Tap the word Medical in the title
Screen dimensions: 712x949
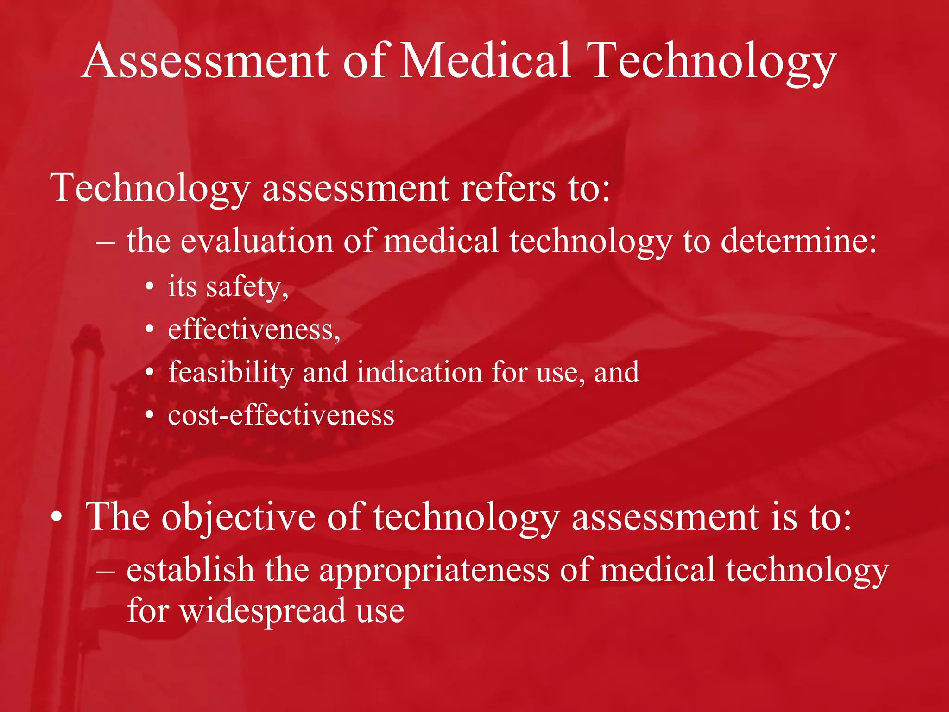[x=484, y=61]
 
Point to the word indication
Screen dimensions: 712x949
[x=419, y=373]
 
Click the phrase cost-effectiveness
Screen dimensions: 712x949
[x=281, y=415]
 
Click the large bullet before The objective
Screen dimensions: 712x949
[x=57, y=517]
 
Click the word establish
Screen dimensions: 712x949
[x=190, y=570]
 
